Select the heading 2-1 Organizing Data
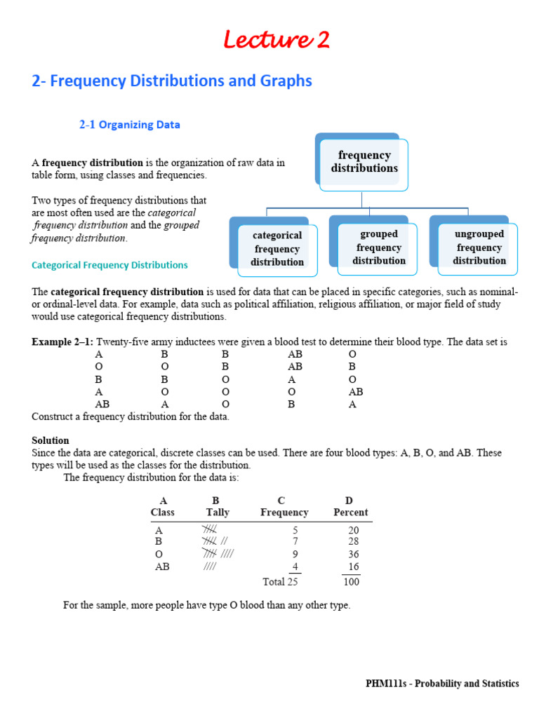(x=129, y=125)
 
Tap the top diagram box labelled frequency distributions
(x=364, y=162)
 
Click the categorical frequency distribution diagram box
(x=277, y=249)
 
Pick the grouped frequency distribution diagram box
(x=379, y=248)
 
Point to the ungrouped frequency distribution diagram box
(x=479, y=248)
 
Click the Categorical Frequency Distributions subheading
(x=109, y=265)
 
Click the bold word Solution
(x=51, y=440)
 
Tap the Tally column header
(x=218, y=513)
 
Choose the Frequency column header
(x=284, y=513)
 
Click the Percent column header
(x=351, y=513)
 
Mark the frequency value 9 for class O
(x=295, y=554)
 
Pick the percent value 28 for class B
(x=354, y=541)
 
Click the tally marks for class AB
(x=210, y=567)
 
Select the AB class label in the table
(x=162, y=567)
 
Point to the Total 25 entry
(x=280, y=581)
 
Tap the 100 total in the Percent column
(x=351, y=582)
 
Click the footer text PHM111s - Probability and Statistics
(x=442, y=684)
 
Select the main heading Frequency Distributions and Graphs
(x=172, y=81)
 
